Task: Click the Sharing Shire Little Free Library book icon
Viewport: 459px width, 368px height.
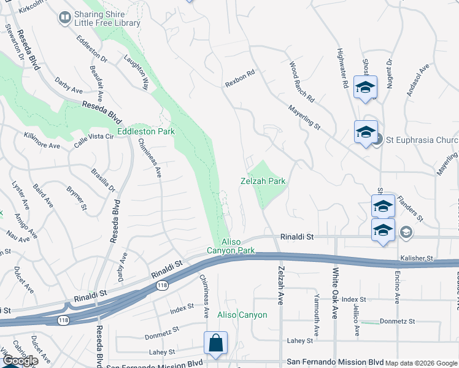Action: (64, 18)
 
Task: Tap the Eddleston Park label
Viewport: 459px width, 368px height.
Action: (146, 131)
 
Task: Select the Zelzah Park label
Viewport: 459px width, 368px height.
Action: (263, 182)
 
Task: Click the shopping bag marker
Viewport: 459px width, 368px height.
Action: (215, 343)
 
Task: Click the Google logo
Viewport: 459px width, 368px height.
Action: (20, 361)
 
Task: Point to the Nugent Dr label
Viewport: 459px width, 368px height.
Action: (389, 71)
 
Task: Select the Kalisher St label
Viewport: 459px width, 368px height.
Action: (417, 258)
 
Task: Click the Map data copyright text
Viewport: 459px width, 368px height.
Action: (421, 363)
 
